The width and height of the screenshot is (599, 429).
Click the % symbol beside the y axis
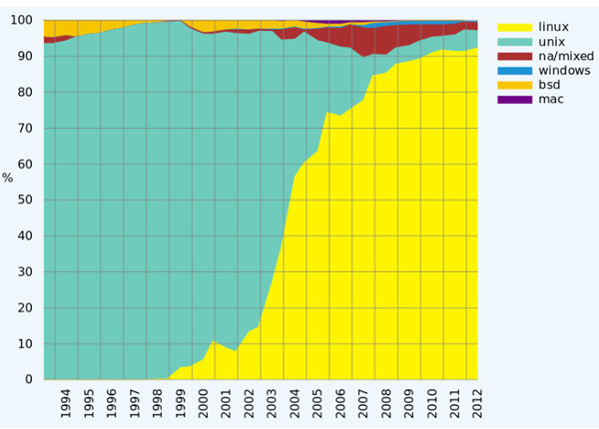click(x=8, y=179)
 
